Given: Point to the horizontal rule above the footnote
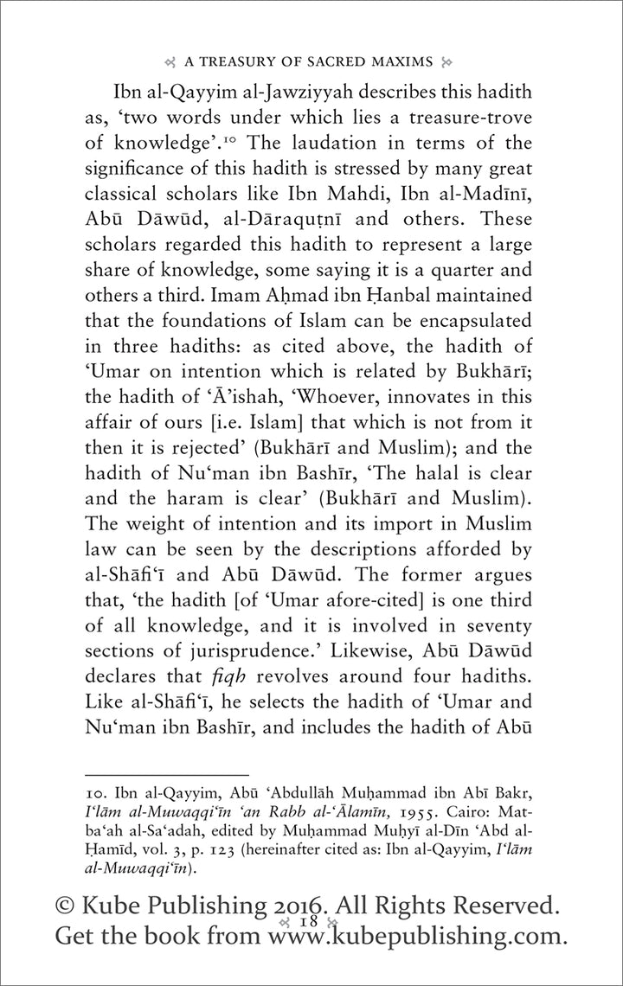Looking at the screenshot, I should click(164, 774).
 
